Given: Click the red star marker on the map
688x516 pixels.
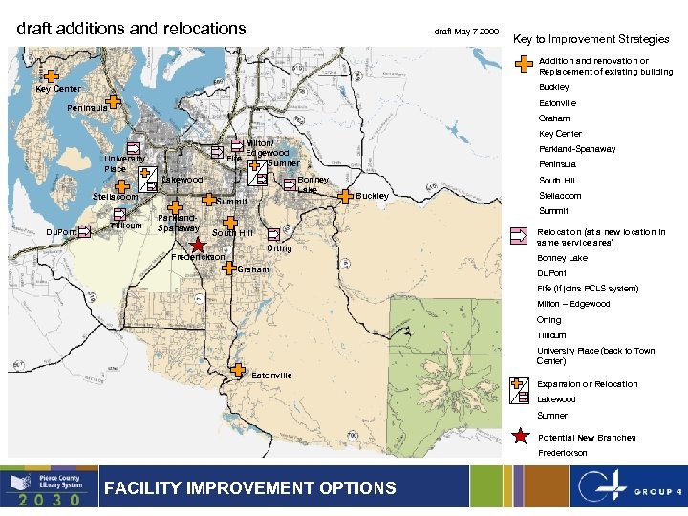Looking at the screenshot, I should coord(197,246).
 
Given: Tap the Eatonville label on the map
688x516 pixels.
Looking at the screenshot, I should coord(271,376).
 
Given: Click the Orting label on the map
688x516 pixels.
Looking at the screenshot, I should coord(280,248).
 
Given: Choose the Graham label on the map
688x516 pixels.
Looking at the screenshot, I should coord(253,269).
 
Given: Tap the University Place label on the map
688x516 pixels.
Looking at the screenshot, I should coord(125,163).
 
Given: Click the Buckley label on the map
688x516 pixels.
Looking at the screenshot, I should coord(372,196).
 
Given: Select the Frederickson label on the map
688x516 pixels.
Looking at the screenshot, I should coord(198,257).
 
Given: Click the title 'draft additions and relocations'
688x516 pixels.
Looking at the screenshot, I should coord(132,29).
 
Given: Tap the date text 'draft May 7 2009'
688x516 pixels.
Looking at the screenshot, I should coord(466,32).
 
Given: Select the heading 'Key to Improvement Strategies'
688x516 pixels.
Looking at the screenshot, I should coord(591,39).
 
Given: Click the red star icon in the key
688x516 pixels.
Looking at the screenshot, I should coord(521,438).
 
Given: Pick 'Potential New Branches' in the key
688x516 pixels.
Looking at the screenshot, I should coord(586,438).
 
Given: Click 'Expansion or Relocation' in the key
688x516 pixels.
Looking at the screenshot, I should coord(587,384).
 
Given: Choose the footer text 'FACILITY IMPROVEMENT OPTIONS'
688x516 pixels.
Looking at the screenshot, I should coord(249,488).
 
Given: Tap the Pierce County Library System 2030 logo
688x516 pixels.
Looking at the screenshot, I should coord(49,487).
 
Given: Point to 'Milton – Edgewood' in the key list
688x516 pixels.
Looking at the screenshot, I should coord(573,304).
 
